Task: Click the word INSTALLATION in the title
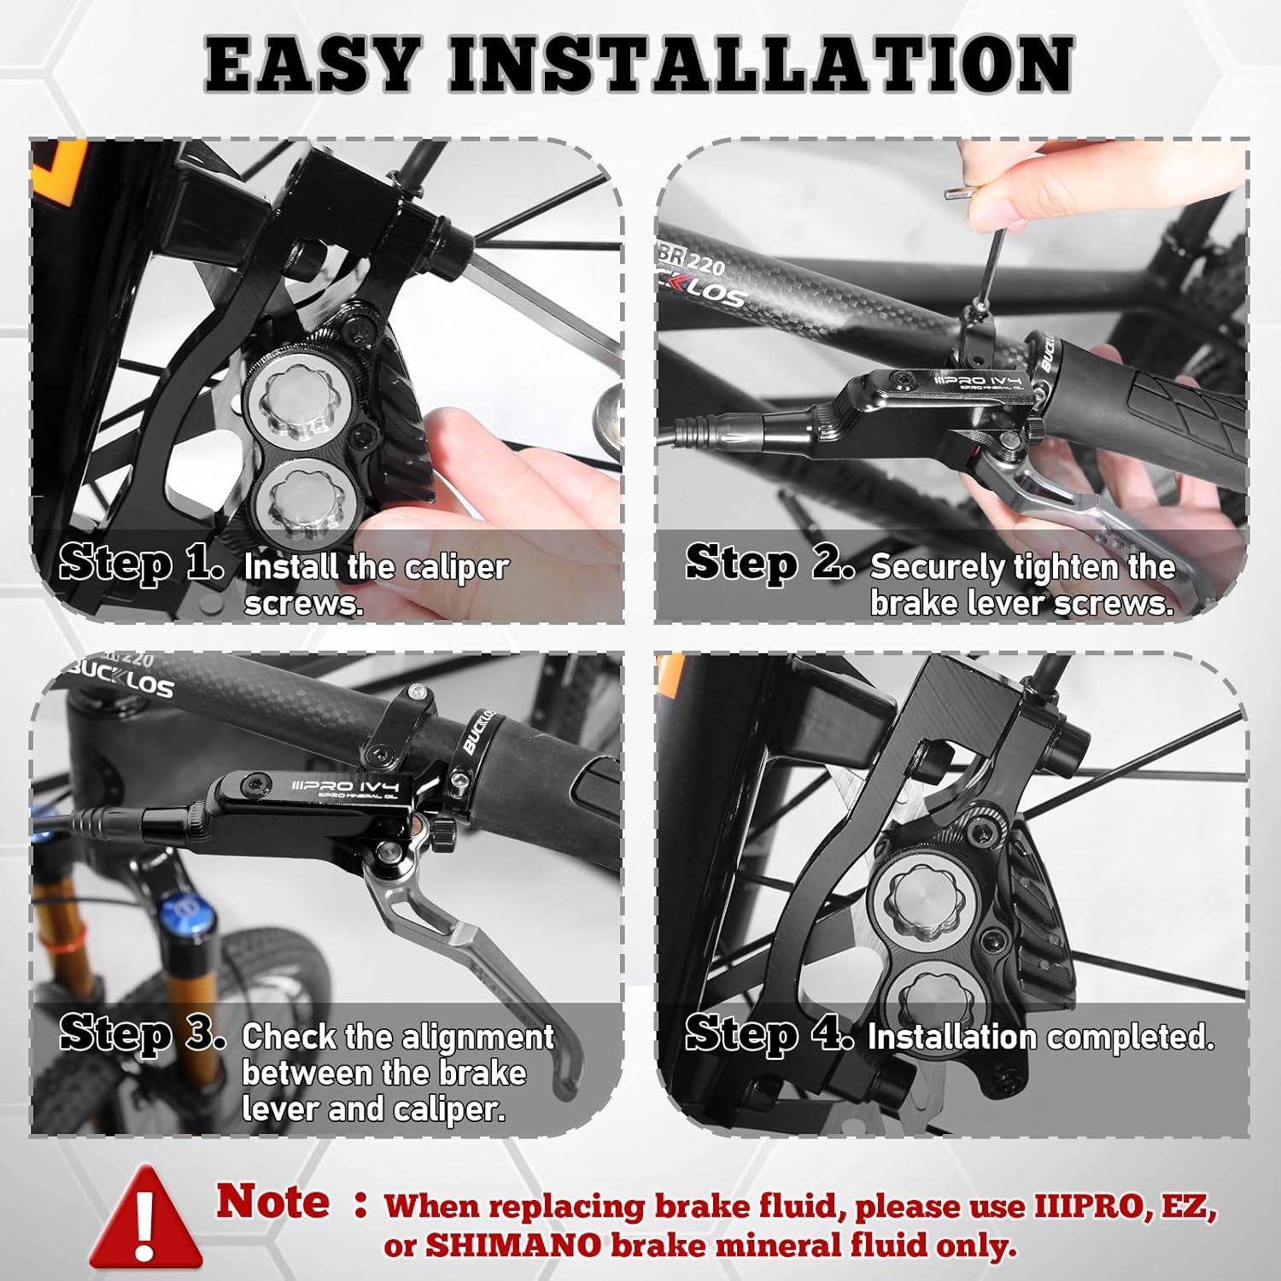click(x=761, y=64)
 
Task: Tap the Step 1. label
click(x=142, y=564)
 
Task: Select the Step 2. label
click(x=769, y=564)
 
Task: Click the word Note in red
click(x=272, y=1202)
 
